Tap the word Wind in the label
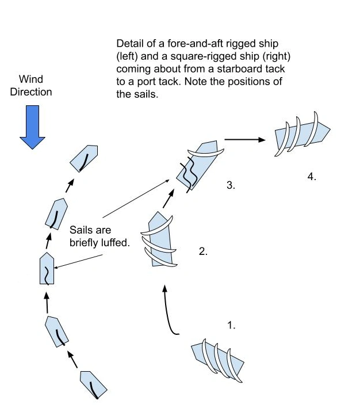click(30, 79)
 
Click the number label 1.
click(231, 326)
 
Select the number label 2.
click(202, 251)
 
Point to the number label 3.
click(231, 186)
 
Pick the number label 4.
click(312, 177)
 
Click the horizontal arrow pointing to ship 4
click(244, 139)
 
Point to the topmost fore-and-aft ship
click(85, 158)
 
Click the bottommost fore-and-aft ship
click(93, 385)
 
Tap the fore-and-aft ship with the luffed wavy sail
click(47, 269)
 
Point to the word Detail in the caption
click(129, 44)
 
